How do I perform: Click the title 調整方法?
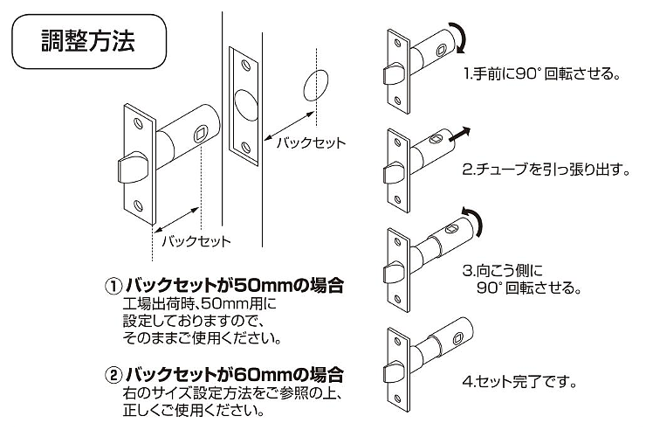click(88, 41)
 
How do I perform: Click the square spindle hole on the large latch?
click(202, 134)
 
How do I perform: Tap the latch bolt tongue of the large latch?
click(132, 168)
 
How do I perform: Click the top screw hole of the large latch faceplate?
click(138, 123)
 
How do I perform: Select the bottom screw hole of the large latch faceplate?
click(138, 205)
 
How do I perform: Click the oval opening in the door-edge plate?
click(246, 105)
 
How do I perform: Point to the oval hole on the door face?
click(316, 86)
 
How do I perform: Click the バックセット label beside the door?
click(311, 143)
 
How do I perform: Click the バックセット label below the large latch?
click(196, 241)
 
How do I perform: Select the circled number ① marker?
click(113, 287)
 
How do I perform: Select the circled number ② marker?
click(113, 375)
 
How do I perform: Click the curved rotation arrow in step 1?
click(463, 37)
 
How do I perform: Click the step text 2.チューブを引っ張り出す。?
click(546, 170)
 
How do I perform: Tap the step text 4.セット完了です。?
click(519, 381)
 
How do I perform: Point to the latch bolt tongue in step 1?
click(394, 74)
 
